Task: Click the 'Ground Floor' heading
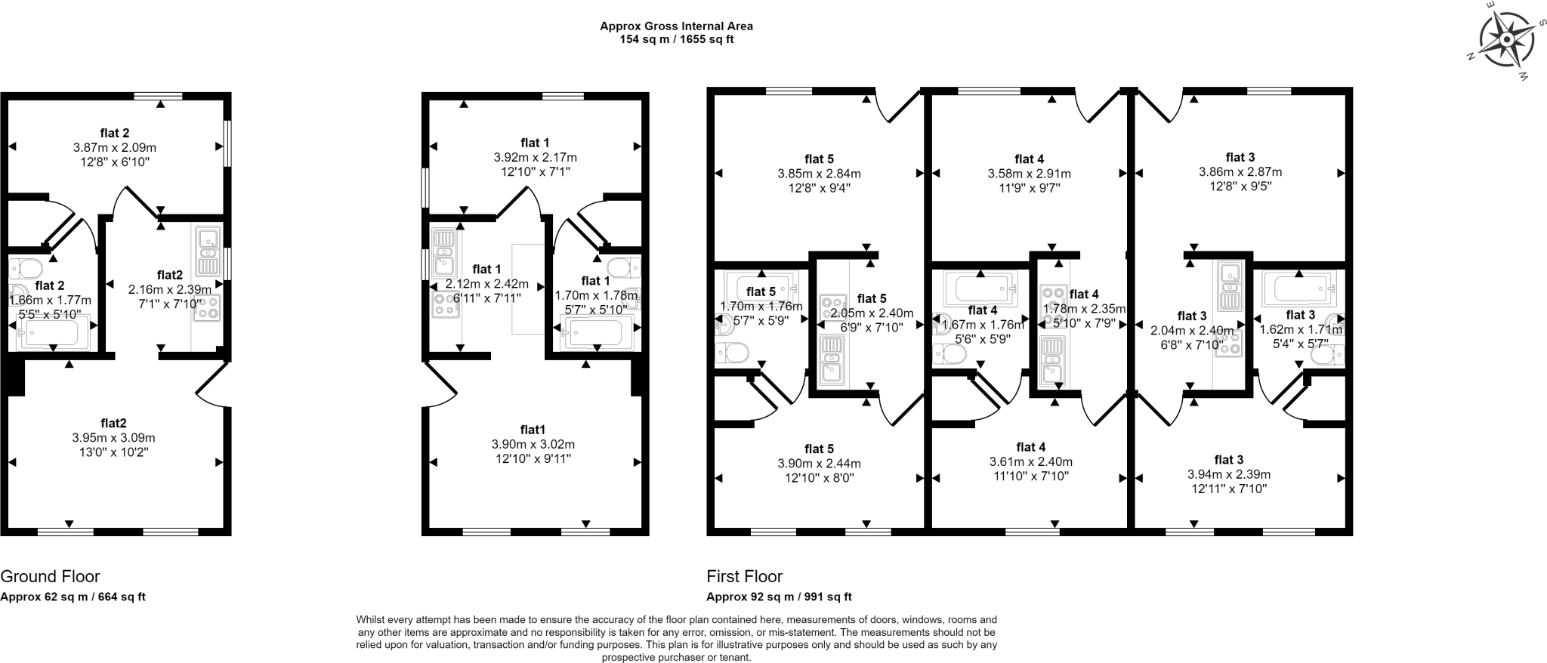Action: (50, 577)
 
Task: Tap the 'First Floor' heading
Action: (744, 577)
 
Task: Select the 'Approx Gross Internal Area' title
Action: (676, 26)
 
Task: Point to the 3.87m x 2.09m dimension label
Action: (115, 148)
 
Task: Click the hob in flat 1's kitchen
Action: (444, 304)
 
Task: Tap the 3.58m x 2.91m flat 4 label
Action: (1029, 174)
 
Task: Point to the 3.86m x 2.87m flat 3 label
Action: (1240, 172)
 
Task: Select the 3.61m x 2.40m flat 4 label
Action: (1030, 462)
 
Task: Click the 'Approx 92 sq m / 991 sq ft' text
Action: (779, 597)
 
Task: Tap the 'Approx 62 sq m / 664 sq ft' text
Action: (73, 597)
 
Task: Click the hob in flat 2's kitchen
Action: (207, 309)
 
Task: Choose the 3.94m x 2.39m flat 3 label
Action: (1228, 474)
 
